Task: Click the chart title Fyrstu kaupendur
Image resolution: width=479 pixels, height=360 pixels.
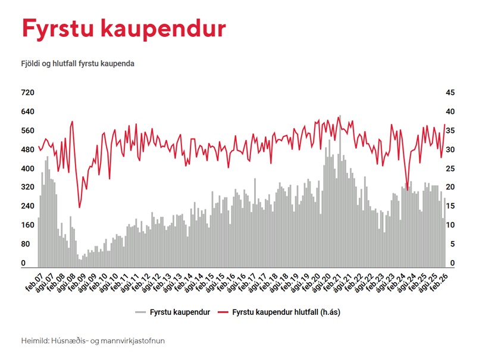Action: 124,29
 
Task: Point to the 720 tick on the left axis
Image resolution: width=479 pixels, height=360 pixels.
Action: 29,93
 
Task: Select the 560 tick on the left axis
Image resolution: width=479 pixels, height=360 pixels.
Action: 29,131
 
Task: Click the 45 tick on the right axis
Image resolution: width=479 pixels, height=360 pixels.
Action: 450,93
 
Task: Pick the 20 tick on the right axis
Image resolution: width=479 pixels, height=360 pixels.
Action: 450,187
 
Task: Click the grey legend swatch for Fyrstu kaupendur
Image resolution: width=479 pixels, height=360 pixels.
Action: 140,312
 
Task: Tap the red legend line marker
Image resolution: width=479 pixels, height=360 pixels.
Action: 223,312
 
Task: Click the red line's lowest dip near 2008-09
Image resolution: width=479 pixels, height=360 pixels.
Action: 80,207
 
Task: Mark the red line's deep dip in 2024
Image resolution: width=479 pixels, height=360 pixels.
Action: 407,206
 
